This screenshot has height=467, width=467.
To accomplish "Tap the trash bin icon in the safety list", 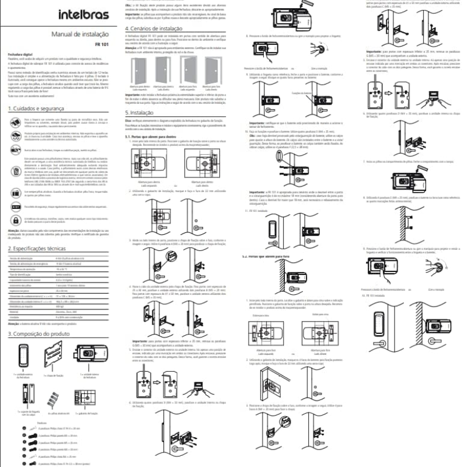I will pos(16,171).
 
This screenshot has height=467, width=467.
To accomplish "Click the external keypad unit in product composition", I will pos(23,357).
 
